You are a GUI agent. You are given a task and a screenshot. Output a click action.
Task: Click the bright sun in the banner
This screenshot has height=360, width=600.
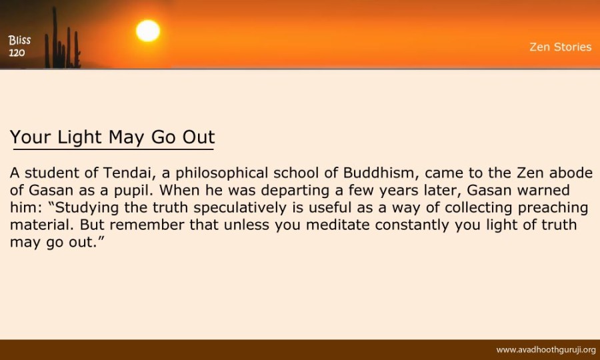point(148,31)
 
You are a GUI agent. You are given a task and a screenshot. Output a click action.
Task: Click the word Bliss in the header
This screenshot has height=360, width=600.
point(19,40)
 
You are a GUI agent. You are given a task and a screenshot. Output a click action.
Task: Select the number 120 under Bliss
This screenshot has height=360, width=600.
point(17,53)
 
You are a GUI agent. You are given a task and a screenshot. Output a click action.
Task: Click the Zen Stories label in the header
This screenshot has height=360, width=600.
point(561,47)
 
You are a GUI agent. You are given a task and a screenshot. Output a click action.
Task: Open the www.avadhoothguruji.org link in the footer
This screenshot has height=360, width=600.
point(546,350)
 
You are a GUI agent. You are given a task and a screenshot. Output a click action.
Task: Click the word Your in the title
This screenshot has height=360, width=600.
point(31,137)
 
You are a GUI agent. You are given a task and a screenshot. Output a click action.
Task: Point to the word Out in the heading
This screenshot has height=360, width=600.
point(199,137)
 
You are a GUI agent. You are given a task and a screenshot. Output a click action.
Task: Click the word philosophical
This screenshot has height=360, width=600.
point(221,173)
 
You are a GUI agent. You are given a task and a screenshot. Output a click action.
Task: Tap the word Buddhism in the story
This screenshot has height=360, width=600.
point(378,173)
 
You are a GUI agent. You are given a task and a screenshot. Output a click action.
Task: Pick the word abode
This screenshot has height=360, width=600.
point(571,173)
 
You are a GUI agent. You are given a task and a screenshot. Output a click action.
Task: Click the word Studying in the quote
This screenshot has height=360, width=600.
point(87,208)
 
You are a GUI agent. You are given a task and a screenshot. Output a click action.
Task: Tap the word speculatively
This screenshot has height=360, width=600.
point(240,208)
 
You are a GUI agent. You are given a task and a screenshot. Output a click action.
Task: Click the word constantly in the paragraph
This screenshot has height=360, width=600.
point(412,225)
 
